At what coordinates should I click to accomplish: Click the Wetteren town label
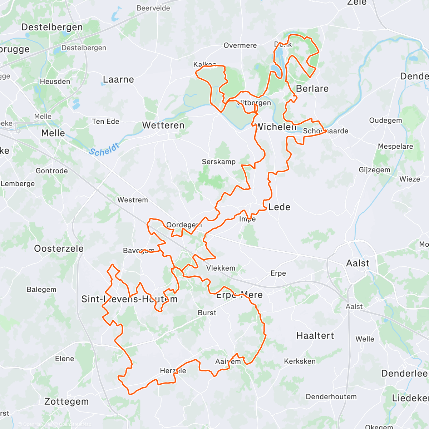pos(163,125)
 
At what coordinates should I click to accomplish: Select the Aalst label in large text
pos(358,263)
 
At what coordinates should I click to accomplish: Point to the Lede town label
pos(279,207)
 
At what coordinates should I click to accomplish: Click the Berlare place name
pos(312,89)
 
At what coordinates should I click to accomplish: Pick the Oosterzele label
pos(59,248)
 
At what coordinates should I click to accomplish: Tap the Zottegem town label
pos(66,401)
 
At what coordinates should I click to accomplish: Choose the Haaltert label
pos(315,336)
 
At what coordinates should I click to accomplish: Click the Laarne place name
pos(118,79)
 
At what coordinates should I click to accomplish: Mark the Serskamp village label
pos(218,162)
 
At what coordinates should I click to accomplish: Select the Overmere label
pos(240,45)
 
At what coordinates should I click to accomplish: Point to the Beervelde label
pos(153,8)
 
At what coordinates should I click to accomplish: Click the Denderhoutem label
pos(331,397)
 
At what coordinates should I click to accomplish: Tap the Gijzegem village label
pos(374,170)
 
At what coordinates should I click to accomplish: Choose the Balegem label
pos(41,290)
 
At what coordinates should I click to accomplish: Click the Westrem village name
pos(133,200)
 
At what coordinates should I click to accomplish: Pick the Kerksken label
pos(300,361)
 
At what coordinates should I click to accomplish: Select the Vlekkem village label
pos(221,268)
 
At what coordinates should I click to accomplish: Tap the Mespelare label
pos(395,147)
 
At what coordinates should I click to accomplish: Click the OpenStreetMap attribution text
pos(75,425)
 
